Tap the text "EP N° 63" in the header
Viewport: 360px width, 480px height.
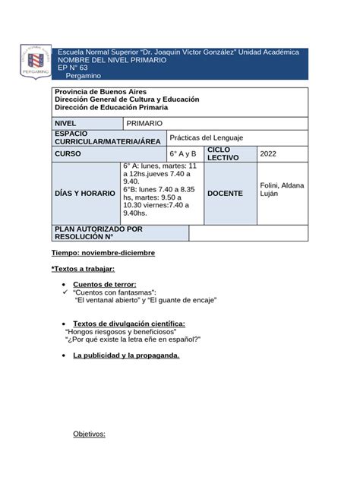pyautogui.click(x=73, y=68)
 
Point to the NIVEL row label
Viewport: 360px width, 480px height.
pyautogui.click(x=66, y=123)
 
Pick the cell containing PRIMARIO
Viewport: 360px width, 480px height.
pyautogui.click(x=144, y=123)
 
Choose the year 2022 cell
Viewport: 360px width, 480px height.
pyautogui.click(x=270, y=154)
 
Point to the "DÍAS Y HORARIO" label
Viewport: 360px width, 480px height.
pyautogui.click(x=84, y=194)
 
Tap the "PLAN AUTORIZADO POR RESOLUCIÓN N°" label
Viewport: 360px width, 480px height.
pyautogui.click(x=98, y=232)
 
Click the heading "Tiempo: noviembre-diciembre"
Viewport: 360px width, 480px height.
pyautogui.click(x=103, y=252)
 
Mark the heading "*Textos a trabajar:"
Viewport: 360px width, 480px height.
pyautogui.click(x=83, y=269)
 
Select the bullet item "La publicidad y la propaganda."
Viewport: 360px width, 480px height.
pyautogui.click(x=126, y=355)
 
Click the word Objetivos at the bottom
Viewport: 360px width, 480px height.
pyautogui.click(x=89, y=434)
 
